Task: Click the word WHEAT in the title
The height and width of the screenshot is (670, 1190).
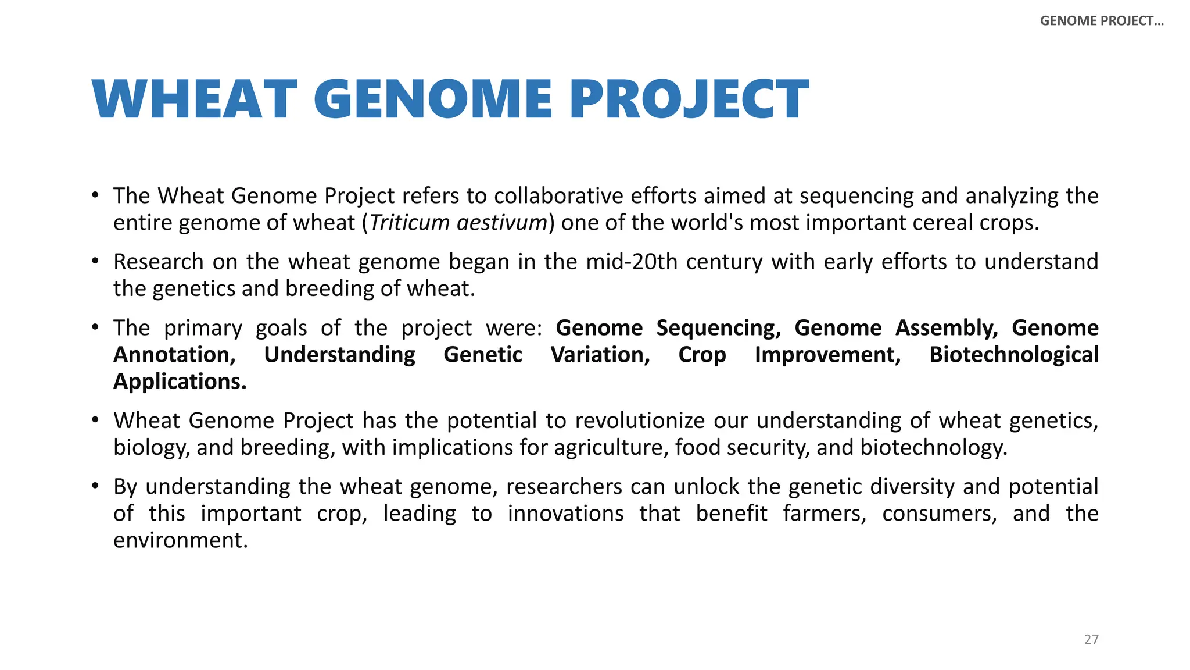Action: [x=194, y=99]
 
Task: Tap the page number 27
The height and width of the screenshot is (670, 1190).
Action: [x=1091, y=639]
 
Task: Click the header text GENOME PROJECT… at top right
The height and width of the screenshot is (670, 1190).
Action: [x=1102, y=21]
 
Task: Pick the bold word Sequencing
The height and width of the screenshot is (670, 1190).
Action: [x=718, y=328]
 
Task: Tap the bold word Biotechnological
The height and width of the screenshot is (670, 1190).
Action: [x=1013, y=355]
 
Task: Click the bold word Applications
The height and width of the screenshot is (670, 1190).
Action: [x=180, y=382]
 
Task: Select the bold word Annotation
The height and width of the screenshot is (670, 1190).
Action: [x=174, y=355]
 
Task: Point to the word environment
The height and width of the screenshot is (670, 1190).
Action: [x=180, y=540]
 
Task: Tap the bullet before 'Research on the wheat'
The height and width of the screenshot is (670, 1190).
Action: [x=95, y=261]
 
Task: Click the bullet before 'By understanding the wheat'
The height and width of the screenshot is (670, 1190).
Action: [x=95, y=486]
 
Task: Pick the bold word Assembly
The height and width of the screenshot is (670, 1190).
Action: [x=946, y=328]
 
